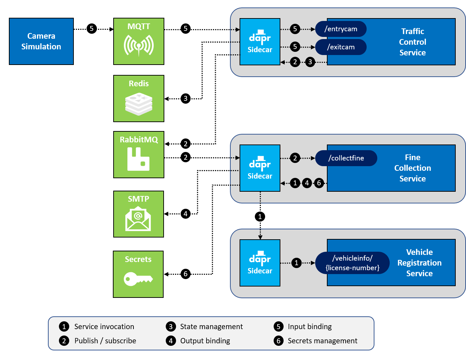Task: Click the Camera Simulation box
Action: [x=41, y=41]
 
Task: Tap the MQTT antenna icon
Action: [x=138, y=45]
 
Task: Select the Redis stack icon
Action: [x=138, y=104]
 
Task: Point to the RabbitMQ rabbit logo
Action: [x=138, y=159]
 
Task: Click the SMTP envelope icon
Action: [x=138, y=218]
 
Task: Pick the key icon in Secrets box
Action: [x=138, y=279]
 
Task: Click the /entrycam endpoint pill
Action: [x=341, y=29]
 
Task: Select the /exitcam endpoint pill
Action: [x=341, y=47]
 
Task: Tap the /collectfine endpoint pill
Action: [x=346, y=158]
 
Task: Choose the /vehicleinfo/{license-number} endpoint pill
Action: [x=352, y=263]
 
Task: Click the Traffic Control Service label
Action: [x=412, y=42]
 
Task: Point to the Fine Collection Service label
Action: [x=412, y=168]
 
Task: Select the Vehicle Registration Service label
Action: [x=419, y=263]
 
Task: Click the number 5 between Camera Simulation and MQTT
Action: [x=92, y=28]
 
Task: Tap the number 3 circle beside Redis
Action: [x=186, y=98]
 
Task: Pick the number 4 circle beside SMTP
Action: [x=186, y=214]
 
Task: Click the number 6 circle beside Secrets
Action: [x=186, y=274]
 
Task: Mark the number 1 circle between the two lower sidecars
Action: [x=260, y=217]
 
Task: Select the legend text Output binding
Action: [x=205, y=341]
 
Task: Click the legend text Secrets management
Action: [x=322, y=341]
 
